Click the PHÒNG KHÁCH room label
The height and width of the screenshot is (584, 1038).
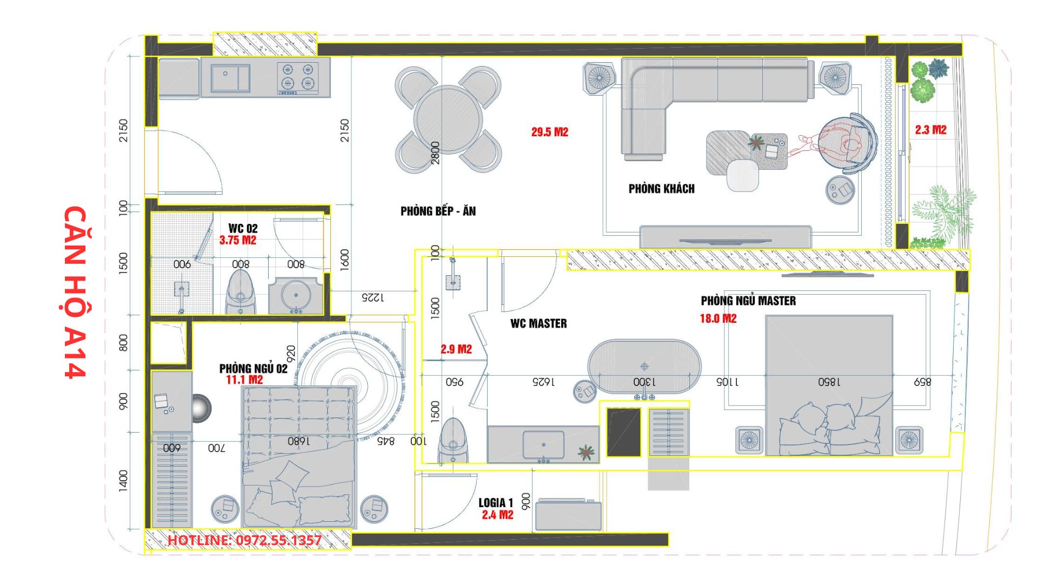[x=661, y=189]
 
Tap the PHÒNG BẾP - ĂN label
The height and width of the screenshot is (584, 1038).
[x=438, y=211]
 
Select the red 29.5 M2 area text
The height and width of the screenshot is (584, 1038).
[x=549, y=132]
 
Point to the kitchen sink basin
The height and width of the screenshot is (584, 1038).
[x=230, y=78]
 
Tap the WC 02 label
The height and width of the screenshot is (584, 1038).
[x=243, y=228]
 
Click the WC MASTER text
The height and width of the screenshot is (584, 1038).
[x=538, y=323]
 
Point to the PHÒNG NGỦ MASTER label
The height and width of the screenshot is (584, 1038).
[x=748, y=301]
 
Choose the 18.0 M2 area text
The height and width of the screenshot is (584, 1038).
[x=718, y=318]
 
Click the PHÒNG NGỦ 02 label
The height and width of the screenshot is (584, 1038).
[x=253, y=368]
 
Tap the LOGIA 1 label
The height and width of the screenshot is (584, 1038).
[x=495, y=503]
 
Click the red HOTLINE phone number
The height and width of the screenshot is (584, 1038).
[x=244, y=540]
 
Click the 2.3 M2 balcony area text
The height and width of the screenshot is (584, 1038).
[x=930, y=130]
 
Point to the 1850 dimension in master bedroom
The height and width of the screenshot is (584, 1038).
[x=829, y=382]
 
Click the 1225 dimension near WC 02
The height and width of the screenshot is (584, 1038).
[x=372, y=297]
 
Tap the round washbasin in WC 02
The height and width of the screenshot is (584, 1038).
[x=296, y=295]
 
